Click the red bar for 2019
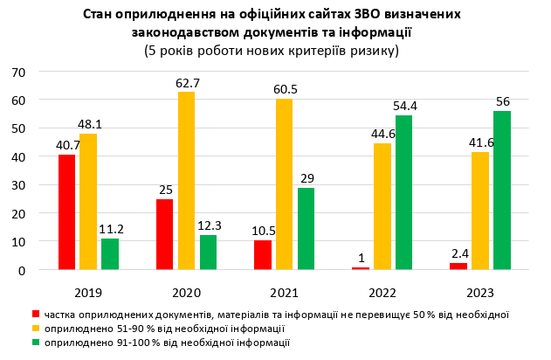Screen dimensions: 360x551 [x=67, y=212]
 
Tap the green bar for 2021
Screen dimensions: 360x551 [x=306, y=229]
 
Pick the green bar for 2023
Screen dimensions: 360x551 [x=502, y=190]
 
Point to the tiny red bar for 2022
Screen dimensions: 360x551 [x=361, y=267]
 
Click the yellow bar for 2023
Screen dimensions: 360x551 [x=480, y=211]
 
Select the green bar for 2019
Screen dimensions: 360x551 [x=110, y=253]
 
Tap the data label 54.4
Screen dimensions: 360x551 [x=405, y=107]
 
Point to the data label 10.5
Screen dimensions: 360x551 [x=263, y=231]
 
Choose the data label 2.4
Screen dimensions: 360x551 [x=459, y=253]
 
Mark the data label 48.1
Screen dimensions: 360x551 [x=91, y=124]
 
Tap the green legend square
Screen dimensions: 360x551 [x=36, y=343]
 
